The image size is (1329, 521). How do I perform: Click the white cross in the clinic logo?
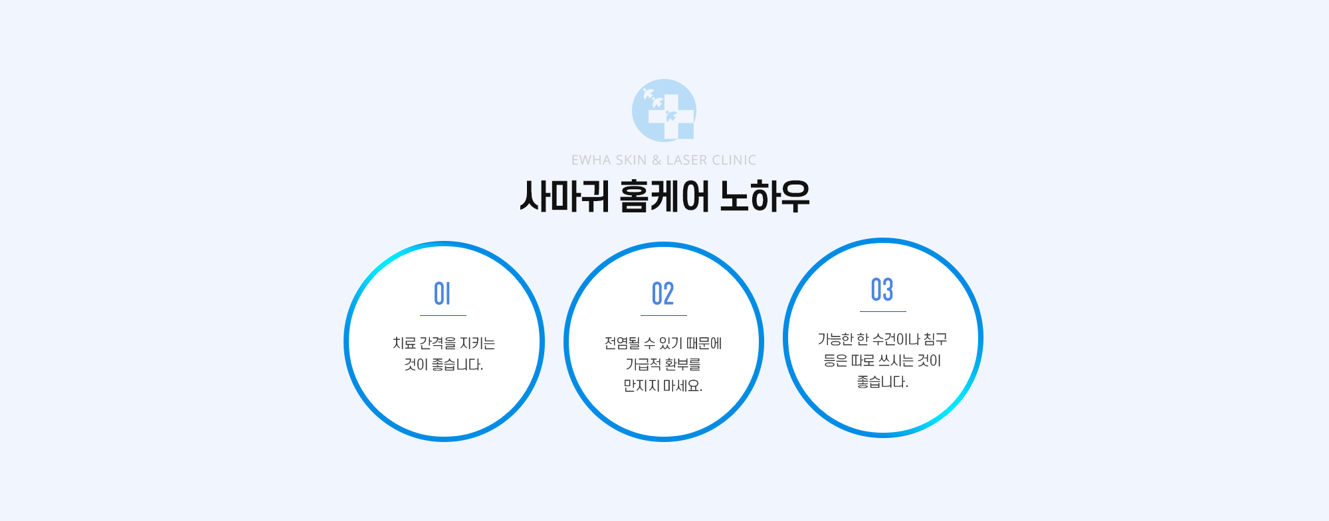(671, 117)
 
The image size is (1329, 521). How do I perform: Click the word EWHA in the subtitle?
(590, 160)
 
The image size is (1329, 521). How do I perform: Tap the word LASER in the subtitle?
(686, 160)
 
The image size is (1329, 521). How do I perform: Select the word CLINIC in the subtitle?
(734, 160)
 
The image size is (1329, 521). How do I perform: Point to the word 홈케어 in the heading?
(664, 196)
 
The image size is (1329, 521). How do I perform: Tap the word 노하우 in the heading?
(765, 196)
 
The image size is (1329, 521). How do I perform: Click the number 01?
(443, 293)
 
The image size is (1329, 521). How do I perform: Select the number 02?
(663, 293)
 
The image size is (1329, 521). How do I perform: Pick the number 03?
(882, 289)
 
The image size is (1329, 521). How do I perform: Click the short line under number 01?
(443, 315)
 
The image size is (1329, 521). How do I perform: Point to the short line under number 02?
(664, 315)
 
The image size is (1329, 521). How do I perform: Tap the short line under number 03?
(883, 311)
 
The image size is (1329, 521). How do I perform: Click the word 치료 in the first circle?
(404, 343)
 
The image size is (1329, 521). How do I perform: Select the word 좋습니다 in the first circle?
(457, 364)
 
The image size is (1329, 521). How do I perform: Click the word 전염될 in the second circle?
(622, 343)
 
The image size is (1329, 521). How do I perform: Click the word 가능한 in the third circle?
(835, 339)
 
